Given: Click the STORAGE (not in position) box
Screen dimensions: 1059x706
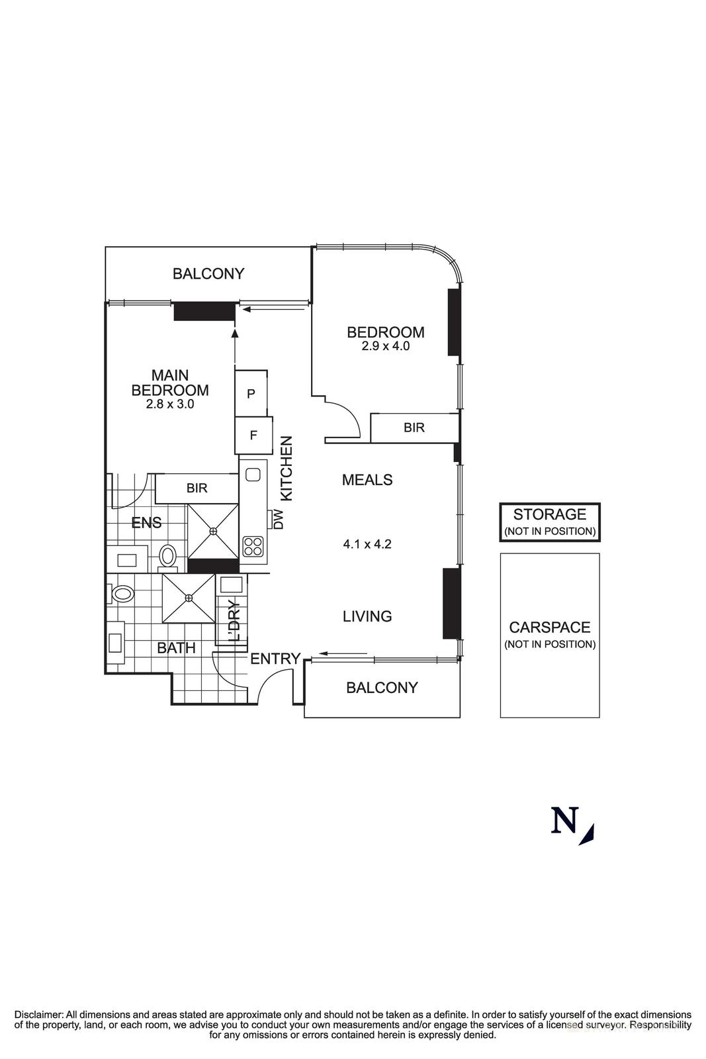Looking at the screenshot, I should [x=549, y=522].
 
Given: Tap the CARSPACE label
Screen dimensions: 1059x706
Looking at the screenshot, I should [x=549, y=627].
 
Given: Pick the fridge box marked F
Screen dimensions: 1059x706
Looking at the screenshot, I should [x=253, y=435].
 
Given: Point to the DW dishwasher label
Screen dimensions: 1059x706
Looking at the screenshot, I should [x=278, y=519].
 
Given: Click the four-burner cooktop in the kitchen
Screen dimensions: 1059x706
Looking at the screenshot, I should [x=253, y=546].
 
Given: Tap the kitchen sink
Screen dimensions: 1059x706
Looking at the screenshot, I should [x=253, y=474].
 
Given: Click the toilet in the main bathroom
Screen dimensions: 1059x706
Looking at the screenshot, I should [x=122, y=593].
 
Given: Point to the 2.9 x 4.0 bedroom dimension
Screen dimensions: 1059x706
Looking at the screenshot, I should [x=386, y=345].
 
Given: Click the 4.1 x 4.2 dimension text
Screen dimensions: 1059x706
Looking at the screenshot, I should [x=367, y=545].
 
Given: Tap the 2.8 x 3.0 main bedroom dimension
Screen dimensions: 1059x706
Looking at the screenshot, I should [x=170, y=404].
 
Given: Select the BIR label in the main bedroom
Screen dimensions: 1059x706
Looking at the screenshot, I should [x=197, y=488].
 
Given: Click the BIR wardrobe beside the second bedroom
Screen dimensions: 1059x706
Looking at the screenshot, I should [x=414, y=428].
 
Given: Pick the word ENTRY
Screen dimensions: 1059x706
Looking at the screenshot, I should [x=275, y=659].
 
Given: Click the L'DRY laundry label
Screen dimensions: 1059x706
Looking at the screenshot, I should [x=233, y=621].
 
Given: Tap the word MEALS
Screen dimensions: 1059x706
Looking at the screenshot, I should [x=367, y=480].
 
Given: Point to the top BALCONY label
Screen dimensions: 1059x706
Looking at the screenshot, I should [x=208, y=273].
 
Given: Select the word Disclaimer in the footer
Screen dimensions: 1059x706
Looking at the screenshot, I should [x=38, y=1014].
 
